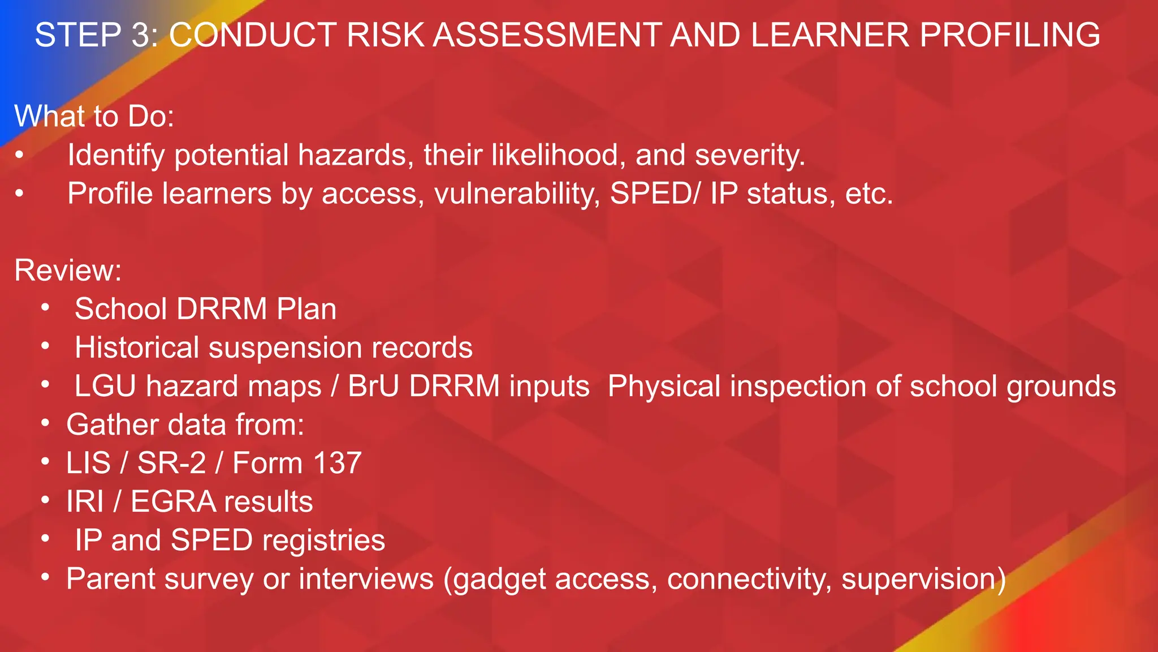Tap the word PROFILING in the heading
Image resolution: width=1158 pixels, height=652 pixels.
coord(1010,35)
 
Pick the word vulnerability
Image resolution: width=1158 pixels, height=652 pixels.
coord(517,194)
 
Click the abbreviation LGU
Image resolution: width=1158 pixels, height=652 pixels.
coord(105,387)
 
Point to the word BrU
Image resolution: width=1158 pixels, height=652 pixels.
coord(373,387)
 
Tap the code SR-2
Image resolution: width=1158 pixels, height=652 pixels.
coord(171,463)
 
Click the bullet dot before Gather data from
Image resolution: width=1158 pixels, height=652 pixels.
coord(45,423)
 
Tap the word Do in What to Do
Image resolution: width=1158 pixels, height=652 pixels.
coord(150,117)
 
